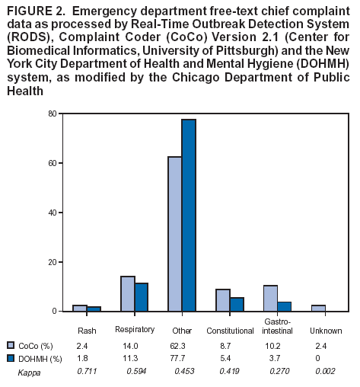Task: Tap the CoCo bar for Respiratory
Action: (127, 294)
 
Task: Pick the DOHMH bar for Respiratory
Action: (142, 297)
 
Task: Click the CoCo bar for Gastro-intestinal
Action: (270, 299)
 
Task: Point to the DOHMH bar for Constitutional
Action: (237, 305)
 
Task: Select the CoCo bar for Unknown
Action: (318, 309)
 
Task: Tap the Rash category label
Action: (87, 331)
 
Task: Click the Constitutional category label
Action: (230, 331)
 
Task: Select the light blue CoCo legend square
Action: (11, 344)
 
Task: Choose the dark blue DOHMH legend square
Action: (11, 357)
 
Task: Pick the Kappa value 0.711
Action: (87, 370)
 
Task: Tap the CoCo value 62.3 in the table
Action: (180, 344)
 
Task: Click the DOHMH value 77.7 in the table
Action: (180, 357)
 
